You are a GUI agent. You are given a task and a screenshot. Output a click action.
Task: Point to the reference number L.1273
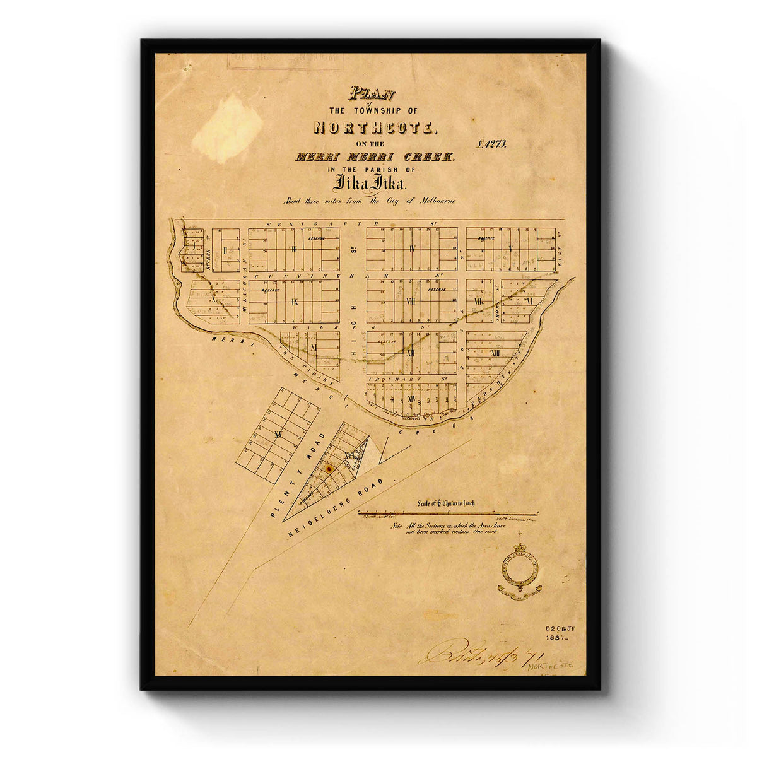[x=493, y=144]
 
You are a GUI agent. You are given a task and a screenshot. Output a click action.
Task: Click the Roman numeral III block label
[x=294, y=249]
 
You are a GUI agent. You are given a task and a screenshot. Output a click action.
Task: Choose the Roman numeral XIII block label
[x=495, y=353]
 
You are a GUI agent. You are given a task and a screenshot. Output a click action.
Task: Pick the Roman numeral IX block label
[x=294, y=302]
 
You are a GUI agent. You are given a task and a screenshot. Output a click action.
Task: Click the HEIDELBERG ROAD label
[x=336, y=508]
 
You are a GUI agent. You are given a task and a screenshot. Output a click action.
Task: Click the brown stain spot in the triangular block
[x=328, y=468]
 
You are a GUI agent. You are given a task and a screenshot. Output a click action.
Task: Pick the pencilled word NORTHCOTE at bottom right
[x=547, y=666]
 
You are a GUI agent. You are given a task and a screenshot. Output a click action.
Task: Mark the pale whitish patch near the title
[x=227, y=129]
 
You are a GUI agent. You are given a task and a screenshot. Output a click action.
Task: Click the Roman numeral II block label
[x=225, y=250]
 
